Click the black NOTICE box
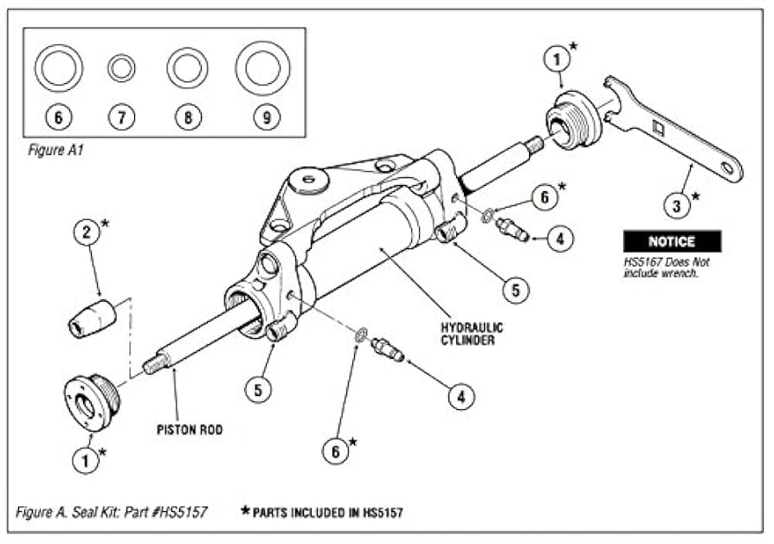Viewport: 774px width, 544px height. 672,240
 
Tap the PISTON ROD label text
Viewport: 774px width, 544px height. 190,429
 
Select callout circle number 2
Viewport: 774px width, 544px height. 84,233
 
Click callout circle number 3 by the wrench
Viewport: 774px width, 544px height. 678,205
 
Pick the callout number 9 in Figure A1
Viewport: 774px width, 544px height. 262,115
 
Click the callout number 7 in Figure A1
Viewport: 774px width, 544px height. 121,115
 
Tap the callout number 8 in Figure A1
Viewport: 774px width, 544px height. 188,115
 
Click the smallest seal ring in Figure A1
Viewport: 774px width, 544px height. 121,67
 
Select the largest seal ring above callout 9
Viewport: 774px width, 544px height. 262,67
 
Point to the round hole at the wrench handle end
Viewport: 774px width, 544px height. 732,167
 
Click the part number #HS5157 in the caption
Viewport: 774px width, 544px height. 177,512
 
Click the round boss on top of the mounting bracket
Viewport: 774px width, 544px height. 309,181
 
